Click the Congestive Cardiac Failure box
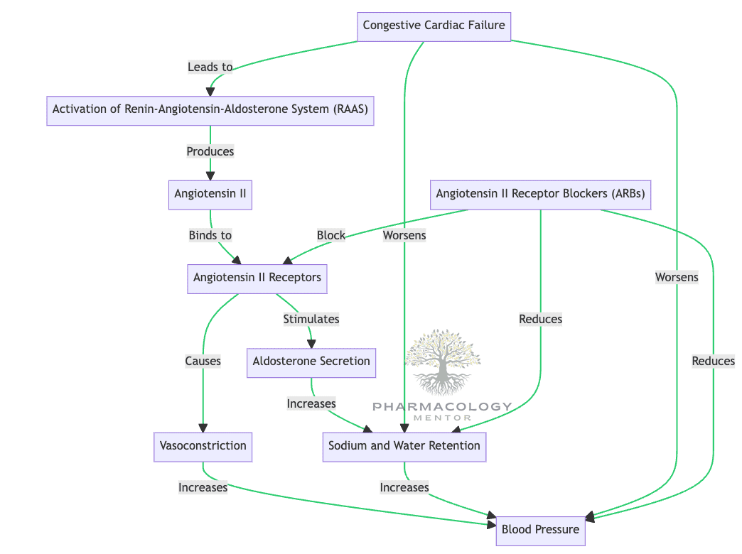(434, 26)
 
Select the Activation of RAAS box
(210, 110)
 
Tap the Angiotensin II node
(210, 194)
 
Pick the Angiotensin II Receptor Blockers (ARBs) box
(541, 194)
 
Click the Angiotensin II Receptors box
(257, 278)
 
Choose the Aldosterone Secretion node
(311, 362)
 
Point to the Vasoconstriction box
(203, 446)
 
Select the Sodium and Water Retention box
(404, 446)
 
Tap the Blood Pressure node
(540, 530)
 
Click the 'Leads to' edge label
(210, 67)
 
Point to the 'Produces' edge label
(210, 151)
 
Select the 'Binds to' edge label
(210, 235)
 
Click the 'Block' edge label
(331, 235)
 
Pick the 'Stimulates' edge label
(311, 320)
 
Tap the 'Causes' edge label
(203, 362)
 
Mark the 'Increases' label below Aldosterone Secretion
(311, 404)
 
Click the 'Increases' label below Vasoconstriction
(203, 488)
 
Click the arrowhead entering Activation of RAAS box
(210, 91)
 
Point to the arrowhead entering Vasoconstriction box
(203, 428)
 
